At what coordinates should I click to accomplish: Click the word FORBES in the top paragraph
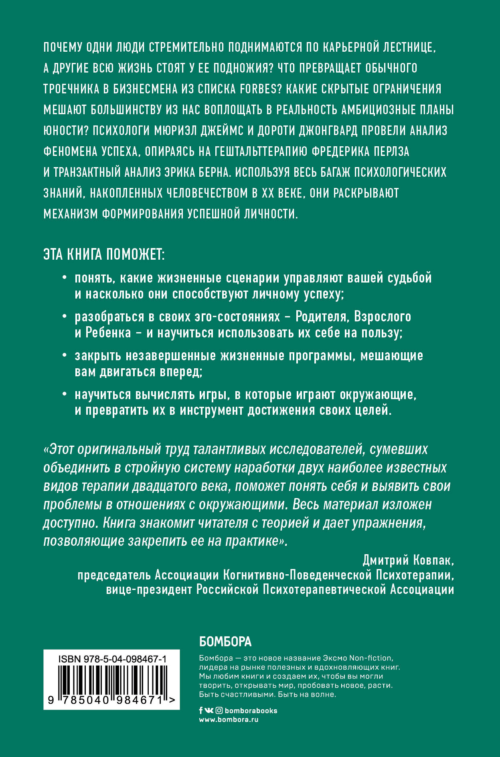pos(258,89)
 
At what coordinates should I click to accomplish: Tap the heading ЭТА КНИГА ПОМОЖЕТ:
pos(104,254)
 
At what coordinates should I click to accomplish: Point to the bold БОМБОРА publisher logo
pos(225,642)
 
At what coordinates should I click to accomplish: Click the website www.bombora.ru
pos(229,719)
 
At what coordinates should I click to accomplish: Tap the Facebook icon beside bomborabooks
pos(201,711)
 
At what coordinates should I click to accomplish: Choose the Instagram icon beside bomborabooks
pos(219,711)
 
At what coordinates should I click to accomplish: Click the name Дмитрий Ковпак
pos(408,560)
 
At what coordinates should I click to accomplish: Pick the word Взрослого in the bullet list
pos(383,317)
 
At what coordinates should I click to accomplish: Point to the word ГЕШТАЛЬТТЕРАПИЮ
pos(261,151)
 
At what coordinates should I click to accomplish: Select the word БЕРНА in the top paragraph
pos(212,172)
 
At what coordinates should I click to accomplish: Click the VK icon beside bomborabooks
pos(209,711)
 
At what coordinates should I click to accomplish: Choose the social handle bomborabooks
pos(251,711)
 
